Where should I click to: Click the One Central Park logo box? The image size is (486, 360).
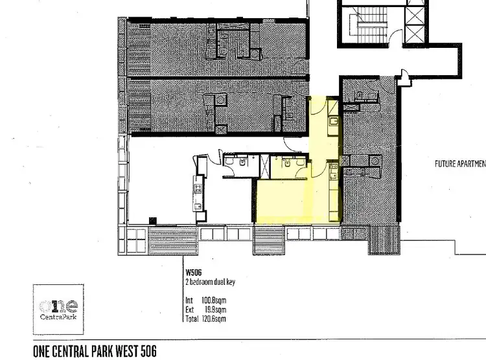point(58,308)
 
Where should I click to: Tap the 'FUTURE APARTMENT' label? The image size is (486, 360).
point(460,164)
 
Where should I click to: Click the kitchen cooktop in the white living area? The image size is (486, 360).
point(197,188)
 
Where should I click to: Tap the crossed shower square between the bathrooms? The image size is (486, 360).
point(264,166)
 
